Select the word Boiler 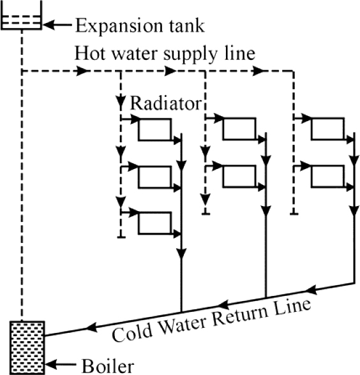(x=108, y=366)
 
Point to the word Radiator (x=166, y=103)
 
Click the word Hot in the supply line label (x=90, y=53)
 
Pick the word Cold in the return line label (x=132, y=333)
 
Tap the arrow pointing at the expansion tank (x=57, y=24)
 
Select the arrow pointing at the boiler (x=61, y=365)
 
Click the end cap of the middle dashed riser (x=206, y=214)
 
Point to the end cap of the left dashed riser (x=121, y=237)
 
